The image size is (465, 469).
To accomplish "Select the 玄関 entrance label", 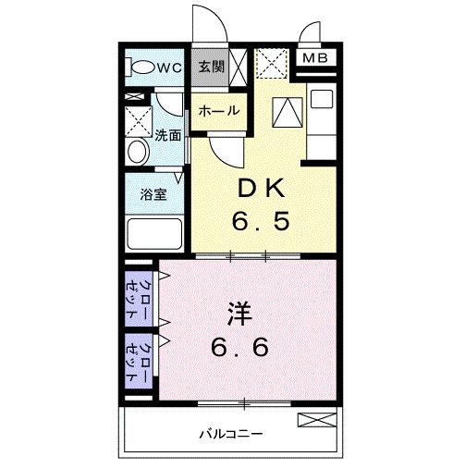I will tap(211, 66).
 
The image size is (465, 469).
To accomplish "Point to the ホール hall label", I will tap(219, 111).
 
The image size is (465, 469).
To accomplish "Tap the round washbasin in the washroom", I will tap(138, 151).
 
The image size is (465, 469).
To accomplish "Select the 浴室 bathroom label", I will tap(153, 195).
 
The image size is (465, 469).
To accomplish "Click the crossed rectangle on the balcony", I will tap(312, 421).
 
